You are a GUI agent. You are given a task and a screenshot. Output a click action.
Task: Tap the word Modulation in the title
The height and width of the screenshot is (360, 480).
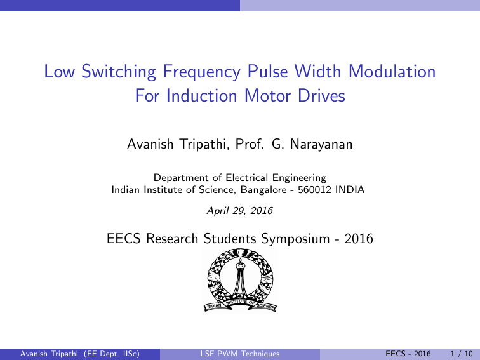point(389,72)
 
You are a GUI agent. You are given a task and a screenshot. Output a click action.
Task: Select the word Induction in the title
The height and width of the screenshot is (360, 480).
point(199,97)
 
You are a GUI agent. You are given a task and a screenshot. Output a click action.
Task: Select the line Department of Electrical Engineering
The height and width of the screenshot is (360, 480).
point(240,178)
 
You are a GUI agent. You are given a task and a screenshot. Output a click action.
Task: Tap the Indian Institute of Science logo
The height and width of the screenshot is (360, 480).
point(240,279)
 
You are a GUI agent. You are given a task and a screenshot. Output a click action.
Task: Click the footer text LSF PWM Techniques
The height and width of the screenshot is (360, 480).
point(239,353)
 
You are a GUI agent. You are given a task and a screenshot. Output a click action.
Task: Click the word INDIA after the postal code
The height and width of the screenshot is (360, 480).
point(351,189)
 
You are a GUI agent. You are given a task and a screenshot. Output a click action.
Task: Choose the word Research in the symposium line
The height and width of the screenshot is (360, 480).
point(173,239)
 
